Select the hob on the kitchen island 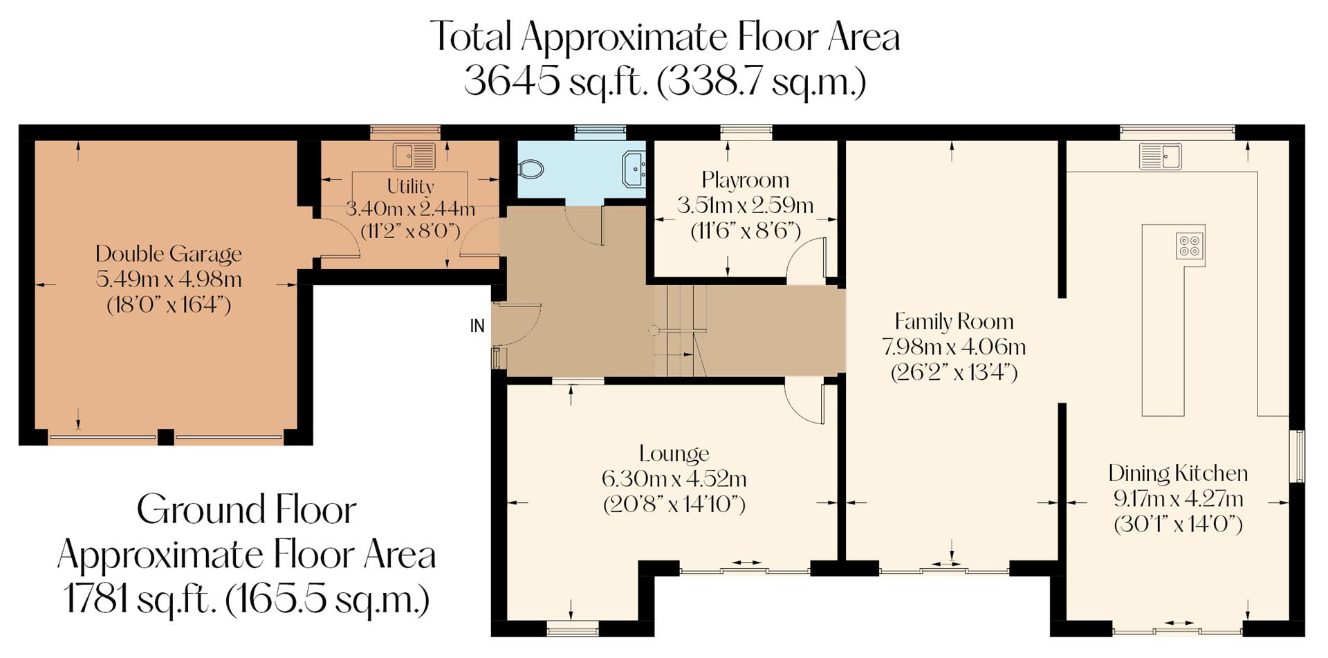tap(1190, 246)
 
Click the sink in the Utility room tap(414, 156)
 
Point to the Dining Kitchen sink tap(1160, 156)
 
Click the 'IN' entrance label tap(477, 326)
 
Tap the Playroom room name tap(745, 180)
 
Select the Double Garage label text tap(169, 254)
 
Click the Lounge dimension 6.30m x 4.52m tap(674, 479)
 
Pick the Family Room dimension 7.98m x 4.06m tap(953, 347)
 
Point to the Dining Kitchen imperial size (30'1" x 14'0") tap(1177, 524)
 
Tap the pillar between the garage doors tap(165, 437)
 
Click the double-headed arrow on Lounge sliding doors tap(745, 563)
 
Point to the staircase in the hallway tap(681, 331)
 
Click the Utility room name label tap(410, 187)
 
